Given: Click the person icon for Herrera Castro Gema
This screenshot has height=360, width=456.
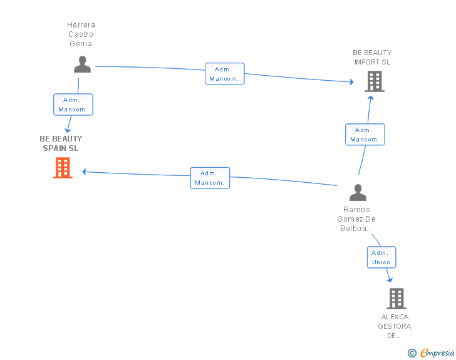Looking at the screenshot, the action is pyautogui.click(x=82, y=64).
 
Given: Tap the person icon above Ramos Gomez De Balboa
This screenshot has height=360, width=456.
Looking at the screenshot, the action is pyautogui.click(x=358, y=192).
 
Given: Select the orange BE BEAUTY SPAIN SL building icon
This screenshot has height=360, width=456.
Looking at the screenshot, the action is pyautogui.click(x=63, y=168).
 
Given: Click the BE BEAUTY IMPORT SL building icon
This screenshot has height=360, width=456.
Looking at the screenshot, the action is pyautogui.click(x=375, y=82).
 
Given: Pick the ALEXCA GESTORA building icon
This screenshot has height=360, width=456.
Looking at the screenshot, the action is pyautogui.click(x=396, y=299).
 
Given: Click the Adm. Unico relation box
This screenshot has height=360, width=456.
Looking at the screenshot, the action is pyautogui.click(x=381, y=257).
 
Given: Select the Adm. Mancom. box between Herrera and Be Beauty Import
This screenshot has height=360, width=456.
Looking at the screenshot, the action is pyautogui.click(x=224, y=74).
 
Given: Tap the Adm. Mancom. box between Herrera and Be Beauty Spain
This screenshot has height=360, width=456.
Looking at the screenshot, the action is pyautogui.click(x=73, y=105).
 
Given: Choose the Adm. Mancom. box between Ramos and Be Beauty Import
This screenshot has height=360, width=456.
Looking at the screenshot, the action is pyautogui.click(x=365, y=135).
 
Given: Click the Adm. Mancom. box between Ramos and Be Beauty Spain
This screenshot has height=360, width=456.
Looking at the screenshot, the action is pyautogui.click(x=210, y=178).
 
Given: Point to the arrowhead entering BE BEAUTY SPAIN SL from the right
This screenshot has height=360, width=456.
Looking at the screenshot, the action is pyautogui.click(x=85, y=172).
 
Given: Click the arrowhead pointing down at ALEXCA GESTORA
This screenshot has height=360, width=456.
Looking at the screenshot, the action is pyautogui.click(x=390, y=280).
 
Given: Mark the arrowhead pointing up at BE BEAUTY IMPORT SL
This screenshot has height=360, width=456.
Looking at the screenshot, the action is pyautogui.click(x=371, y=98).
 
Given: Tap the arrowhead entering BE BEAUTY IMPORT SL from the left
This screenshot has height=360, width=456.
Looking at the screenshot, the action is pyautogui.click(x=352, y=82).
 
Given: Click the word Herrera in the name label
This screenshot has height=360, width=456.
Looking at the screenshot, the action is pyautogui.click(x=81, y=25).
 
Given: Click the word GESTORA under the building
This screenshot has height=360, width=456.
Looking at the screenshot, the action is pyautogui.click(x=395, y=326).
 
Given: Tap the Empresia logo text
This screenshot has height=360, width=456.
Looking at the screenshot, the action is pyautogui.click(x=437, y=352).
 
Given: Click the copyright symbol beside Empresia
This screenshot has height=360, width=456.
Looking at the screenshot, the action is pyautogui.click(x=412, y=353).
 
